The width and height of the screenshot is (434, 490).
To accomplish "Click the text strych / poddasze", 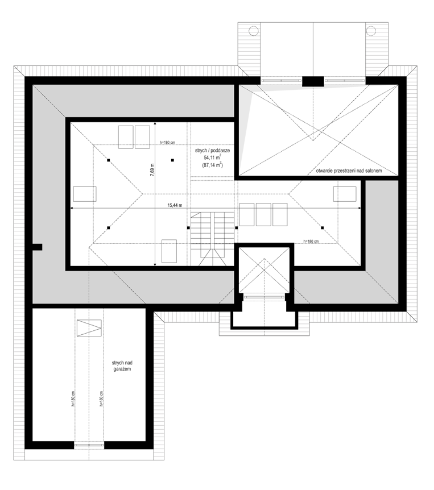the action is pos(212,151).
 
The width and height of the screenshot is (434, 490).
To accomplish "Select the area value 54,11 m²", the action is pos(213,158).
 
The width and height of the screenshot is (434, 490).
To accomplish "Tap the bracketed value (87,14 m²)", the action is pos(212,165).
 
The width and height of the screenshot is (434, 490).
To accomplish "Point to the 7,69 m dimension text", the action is pos(152,170).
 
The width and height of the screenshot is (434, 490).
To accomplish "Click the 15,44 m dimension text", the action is pos(175,205).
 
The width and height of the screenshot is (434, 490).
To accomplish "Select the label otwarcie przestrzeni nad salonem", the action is pos(349,171).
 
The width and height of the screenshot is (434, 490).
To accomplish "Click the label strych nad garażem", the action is pos(122,366).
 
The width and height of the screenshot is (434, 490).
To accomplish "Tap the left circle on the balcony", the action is pos(253,31).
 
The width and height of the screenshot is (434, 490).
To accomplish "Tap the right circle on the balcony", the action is pos(370,31).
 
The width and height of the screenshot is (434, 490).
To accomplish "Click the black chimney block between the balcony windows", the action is pos(313,81).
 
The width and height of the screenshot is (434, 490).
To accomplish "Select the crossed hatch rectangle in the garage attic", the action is pos(89,328).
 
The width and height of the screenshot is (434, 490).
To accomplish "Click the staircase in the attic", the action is pos(212,239).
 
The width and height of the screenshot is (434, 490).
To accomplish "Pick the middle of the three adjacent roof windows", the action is pos(263,214).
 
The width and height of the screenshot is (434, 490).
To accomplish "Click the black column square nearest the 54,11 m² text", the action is pos(172,160).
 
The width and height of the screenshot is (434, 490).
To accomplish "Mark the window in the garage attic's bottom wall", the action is pos(89,445).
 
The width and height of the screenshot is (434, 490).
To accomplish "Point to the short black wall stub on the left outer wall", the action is pos(37,247).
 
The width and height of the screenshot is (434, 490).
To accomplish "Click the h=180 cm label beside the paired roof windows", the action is pos(167,143).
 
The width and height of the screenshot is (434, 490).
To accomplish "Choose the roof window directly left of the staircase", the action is pos(169,251).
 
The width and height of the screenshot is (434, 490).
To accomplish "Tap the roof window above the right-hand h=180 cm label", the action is pos(345,194).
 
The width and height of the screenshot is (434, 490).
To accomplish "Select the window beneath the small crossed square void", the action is pos(264,297).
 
